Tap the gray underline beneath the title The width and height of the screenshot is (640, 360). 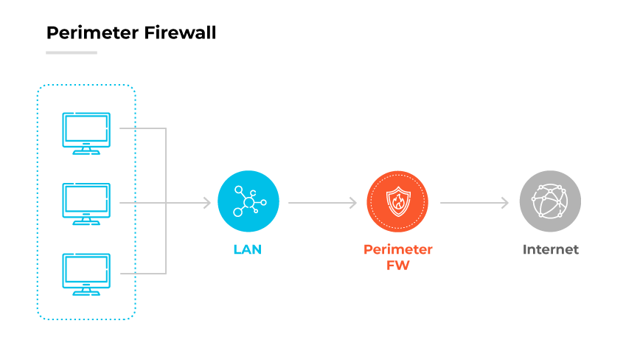pos(72,52)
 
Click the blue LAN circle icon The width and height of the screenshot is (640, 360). pos(248,201)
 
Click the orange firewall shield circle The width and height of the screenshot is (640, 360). pos(398,201)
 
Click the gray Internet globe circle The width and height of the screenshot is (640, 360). pos(550,201)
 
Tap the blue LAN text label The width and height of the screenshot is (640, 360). pos(248,249)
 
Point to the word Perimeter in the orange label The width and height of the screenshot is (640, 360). pos(398,249)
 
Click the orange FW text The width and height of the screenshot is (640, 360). pos(398,266)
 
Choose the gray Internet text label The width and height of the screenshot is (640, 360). pos(550,249)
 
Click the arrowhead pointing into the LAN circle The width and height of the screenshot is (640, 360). pos(206,202)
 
